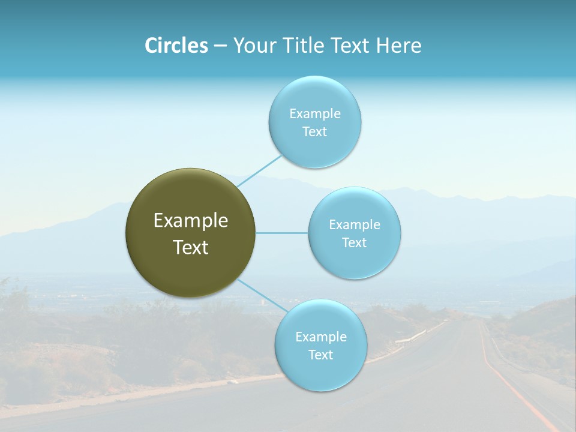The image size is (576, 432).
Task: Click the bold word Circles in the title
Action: click(x=176, y=46)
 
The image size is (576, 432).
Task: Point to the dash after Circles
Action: click(x=220, y=46)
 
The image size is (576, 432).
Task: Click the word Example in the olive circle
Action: click(x=191, y=221)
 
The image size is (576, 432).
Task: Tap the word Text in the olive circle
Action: click(x=191, y=247)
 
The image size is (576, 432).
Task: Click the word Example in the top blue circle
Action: click(x=314, y=113)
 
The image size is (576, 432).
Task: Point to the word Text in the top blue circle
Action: click(x=314, y=131)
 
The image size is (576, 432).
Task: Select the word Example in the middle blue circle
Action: click(x=354, y=224)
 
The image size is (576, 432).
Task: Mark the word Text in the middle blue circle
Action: click(x=354, y=242)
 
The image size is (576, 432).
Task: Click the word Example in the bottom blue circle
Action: click(x=320, y=337)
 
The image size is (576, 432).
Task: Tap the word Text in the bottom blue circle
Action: click(x=320, y=355)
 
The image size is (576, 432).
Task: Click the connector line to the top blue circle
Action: click(x=259, y=170)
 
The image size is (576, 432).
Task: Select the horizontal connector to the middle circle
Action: click(x=282, y=233)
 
